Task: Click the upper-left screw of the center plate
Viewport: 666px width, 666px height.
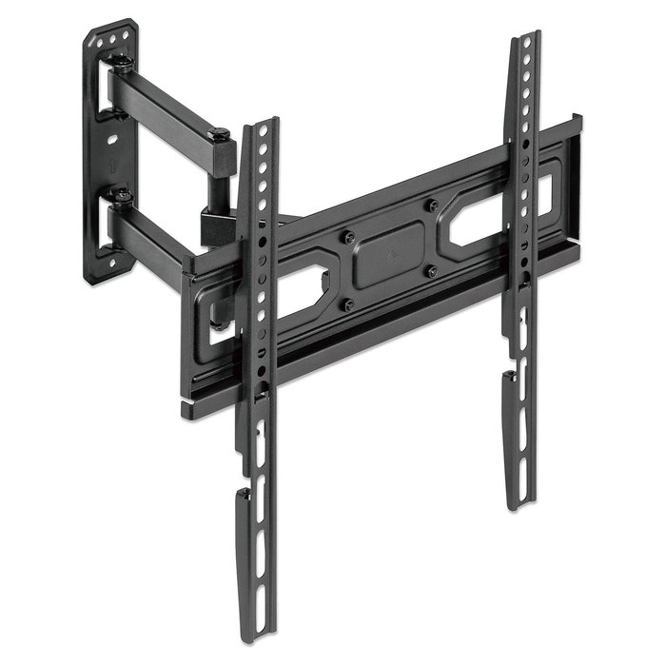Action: [349, 236]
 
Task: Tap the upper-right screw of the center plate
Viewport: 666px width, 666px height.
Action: [431, 205]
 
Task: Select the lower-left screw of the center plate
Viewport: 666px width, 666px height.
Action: [349, 304]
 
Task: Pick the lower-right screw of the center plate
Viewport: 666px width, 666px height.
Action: [433, 271]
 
